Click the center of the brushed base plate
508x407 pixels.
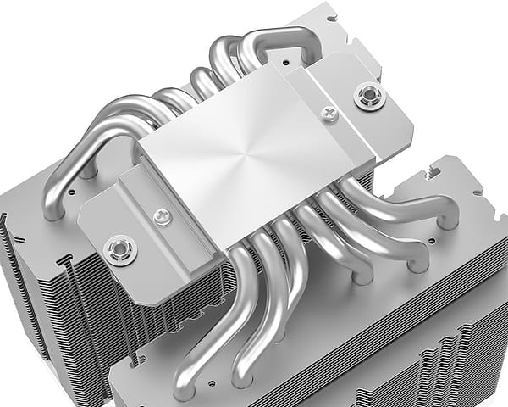click(x=255, y=157)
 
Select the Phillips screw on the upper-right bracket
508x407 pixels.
click(x=329, y=112)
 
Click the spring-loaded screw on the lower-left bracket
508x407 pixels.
click(x=119, y=249)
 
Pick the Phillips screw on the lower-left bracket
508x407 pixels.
click(x=162, y=217)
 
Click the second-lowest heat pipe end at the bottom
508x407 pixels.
click(x=245, y=374)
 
